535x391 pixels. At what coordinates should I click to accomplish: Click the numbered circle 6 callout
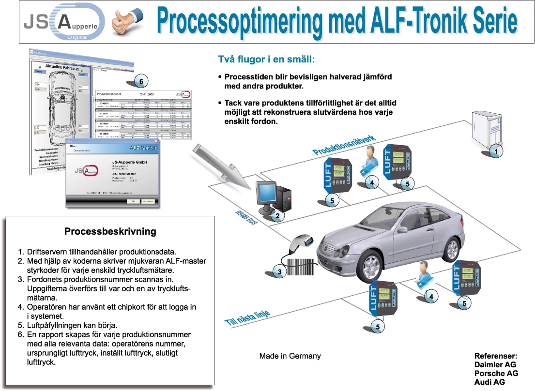[140, 81]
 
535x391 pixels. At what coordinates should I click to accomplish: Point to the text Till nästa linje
[247, 317]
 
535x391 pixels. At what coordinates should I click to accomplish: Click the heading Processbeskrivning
[110, 231]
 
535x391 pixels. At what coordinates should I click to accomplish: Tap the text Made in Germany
[290, 356]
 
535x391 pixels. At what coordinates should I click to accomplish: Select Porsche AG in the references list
[496, 373]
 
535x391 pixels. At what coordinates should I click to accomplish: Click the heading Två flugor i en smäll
[267, 60]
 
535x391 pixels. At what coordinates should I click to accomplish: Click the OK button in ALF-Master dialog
[130, 201]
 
